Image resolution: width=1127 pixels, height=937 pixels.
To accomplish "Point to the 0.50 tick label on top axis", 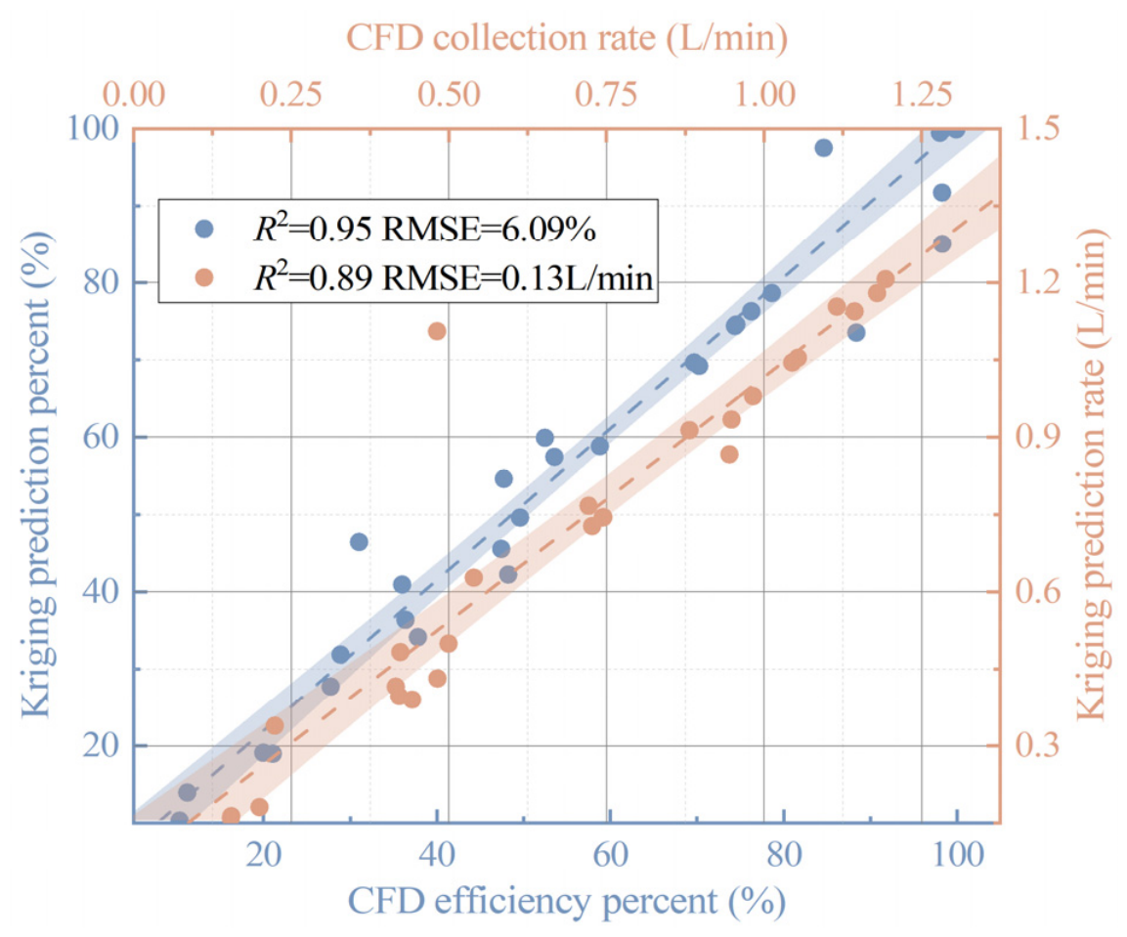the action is (449, 95).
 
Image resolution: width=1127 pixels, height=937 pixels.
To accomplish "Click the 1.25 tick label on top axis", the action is (922, 95).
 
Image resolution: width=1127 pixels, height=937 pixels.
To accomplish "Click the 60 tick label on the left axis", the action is (100, 437).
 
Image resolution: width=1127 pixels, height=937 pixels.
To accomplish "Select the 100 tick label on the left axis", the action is (93, 129).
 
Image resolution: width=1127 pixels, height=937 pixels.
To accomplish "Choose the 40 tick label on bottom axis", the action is (437, 854).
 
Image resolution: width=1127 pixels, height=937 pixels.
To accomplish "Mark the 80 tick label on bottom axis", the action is (784, 854).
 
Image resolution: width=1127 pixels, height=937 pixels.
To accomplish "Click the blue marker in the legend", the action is (205, 229).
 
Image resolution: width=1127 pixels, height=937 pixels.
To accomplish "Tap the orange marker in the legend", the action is (205, 277).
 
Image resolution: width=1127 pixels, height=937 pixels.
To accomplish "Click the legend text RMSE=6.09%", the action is (489, 230).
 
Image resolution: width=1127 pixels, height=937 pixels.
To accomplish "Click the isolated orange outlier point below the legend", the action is (437, 331).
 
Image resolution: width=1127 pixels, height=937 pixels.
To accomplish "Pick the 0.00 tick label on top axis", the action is (134, 95).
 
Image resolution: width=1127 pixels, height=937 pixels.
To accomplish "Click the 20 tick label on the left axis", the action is (100, 745).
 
